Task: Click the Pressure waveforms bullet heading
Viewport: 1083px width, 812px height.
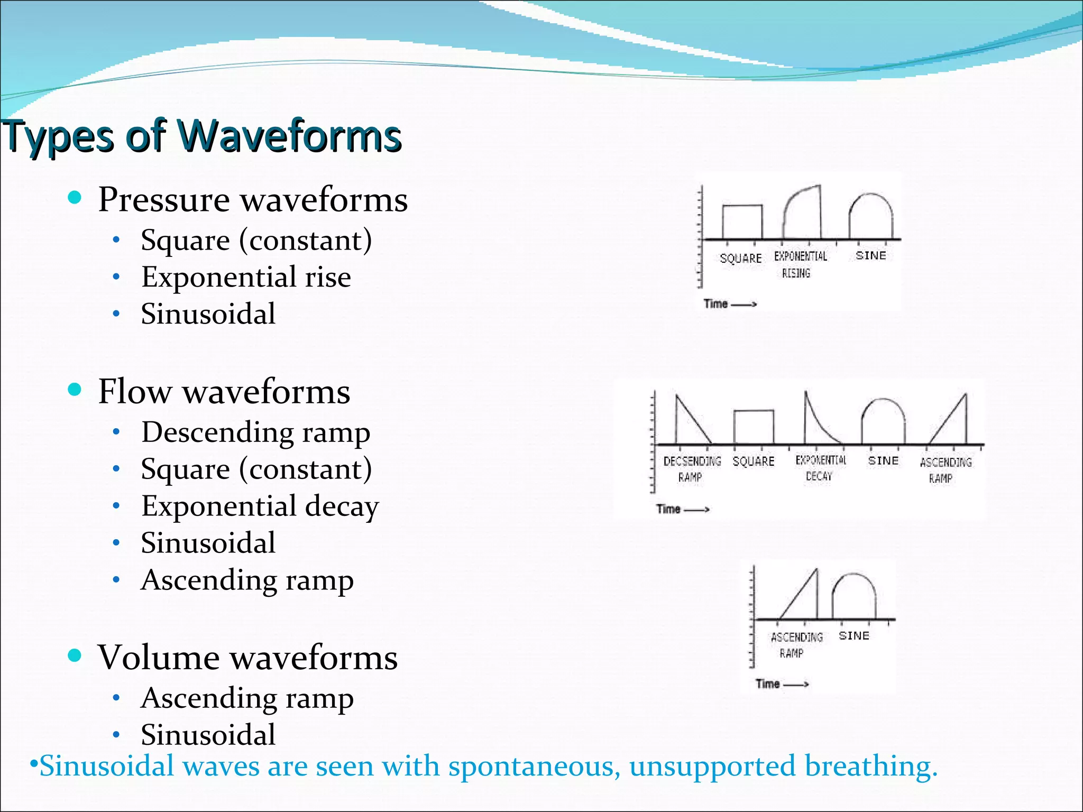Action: pyautogui.click(x=253, y=200)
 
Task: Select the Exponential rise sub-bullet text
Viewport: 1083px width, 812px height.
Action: pyautogui.click(x=246, y=277)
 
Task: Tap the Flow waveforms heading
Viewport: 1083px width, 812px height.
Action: pyautogui.click(x=224, y=392)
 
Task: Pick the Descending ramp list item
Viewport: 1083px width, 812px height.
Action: pyautogui.click(x=255, y=432)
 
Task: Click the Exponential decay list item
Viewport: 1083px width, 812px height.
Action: pyautogui.click(x=260, y=506)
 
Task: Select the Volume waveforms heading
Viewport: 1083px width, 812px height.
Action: pyautogui.click(x=247, y=658)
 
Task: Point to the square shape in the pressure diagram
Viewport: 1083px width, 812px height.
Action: pyautogui.click(x=742, y=222)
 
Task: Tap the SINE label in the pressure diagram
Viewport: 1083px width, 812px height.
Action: pyautogui.click(x=870, y=256)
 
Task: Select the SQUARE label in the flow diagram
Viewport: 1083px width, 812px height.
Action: pyautogui.click(x=753, y=462)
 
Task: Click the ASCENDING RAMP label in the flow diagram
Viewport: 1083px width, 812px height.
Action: pyautogui.click(x=945, y=469)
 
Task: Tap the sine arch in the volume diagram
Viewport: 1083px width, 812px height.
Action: pyautogui.click(x=853, y=595)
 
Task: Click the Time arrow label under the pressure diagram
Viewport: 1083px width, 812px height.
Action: pyautogui.click(x=729, y=304)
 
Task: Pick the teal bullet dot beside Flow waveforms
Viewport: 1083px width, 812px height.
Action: pyautogui.click(x=75, y=390)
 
